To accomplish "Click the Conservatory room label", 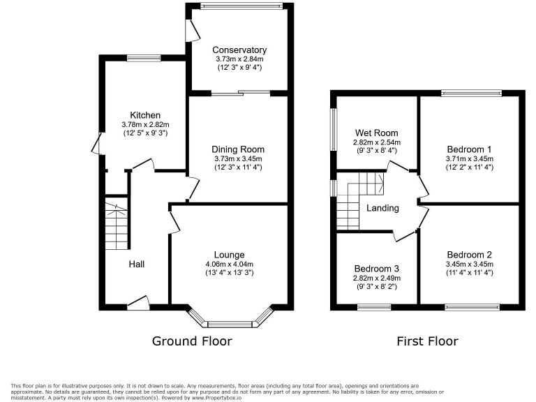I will [239, 50].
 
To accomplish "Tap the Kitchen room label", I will [145, 115].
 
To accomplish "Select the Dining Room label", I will [239, 149].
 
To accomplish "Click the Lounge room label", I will [230, 255].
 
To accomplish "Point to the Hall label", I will [137, 264].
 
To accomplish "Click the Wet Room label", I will [376, 133].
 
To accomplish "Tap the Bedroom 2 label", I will [470, 254].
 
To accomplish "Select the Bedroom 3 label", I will [376, 269].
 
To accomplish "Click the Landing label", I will [382, 208].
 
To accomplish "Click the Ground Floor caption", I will [192, 341].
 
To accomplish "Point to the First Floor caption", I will [427, 341].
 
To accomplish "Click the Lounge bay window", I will [230, 323].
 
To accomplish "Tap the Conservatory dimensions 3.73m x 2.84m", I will [239, 60].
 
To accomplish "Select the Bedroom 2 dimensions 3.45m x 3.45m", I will [470, 264].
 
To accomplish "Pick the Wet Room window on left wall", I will [333, 129].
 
